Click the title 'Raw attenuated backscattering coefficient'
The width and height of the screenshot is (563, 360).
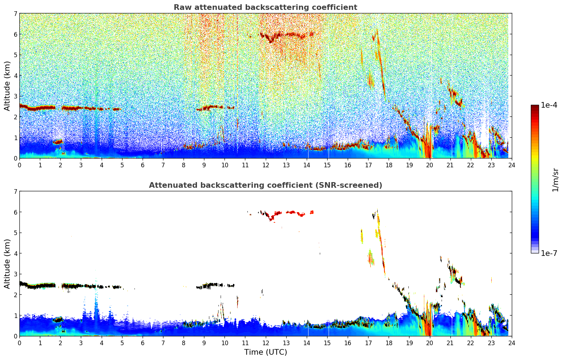pyautogui.click(x=265, y=7)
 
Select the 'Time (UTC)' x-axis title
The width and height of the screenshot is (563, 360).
pyautogui.click(x=265, y=352)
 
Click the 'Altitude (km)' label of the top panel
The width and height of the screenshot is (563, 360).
pyautogui.click(x=7, y=86)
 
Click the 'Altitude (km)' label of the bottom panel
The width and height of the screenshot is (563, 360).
pyautogui.click(x=7, y=264)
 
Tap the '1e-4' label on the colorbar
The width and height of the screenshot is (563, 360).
pyautogui.click(x=549, y=105)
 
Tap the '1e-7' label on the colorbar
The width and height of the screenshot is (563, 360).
pyautogui.click(x=549, y=253)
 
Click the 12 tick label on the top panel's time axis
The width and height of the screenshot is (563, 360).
pyautogui.click(x=265, y=165)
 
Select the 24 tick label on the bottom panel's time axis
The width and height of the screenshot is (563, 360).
pyautogui.click(x=512, y=343)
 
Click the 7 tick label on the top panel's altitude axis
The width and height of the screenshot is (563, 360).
pyautogui.click(x=15, y=14)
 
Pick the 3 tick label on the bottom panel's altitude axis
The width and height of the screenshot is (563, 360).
pyautogui.click(x=15, y=274)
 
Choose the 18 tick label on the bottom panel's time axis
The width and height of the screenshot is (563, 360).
pyautogui.click(x=389, y=343)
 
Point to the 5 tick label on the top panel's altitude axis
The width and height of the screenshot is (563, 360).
pyautogui.click(x=15, y=55)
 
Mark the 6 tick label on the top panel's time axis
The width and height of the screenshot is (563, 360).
pyautogui.click(x=143, y=165)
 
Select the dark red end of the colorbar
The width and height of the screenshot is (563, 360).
pyautogui.click(x=535, y=107)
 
